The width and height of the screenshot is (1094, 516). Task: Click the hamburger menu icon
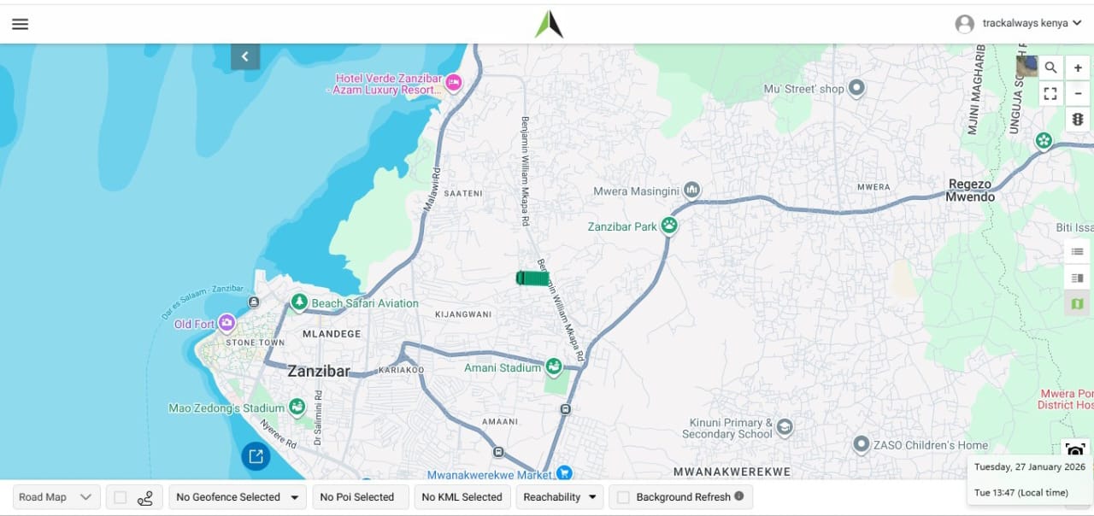20,24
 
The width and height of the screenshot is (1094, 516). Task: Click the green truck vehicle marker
532,278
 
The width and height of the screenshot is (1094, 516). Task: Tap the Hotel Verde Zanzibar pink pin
454,82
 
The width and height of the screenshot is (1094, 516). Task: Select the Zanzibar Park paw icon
669,226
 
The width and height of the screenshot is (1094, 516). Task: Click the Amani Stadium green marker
554,367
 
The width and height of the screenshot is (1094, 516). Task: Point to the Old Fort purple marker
226,323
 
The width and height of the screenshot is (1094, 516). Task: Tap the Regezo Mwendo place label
970,191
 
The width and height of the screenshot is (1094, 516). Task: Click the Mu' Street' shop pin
856,88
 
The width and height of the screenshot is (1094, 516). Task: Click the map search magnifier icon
1050,67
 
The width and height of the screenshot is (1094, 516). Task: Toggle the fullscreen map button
1050,94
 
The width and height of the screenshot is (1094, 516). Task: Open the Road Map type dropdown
56,497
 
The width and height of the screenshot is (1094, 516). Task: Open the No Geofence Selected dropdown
238,497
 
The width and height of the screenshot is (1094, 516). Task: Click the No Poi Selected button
357,497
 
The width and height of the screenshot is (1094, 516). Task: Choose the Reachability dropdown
560,497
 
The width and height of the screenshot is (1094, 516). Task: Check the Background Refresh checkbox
624,497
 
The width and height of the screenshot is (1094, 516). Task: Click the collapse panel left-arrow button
245,56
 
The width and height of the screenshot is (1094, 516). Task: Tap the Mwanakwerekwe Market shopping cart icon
564,472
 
